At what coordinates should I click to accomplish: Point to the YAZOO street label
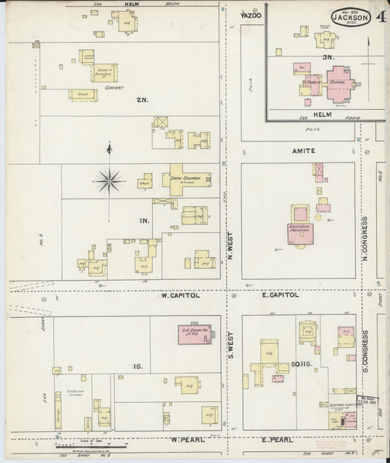point(250,15)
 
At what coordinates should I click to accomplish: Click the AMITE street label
point(304,150)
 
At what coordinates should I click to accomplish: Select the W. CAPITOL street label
point(180,295)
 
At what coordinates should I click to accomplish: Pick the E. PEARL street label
point(277,440)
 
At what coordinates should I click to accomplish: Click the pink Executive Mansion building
point(300,233)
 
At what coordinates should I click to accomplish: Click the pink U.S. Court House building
point(194,334)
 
